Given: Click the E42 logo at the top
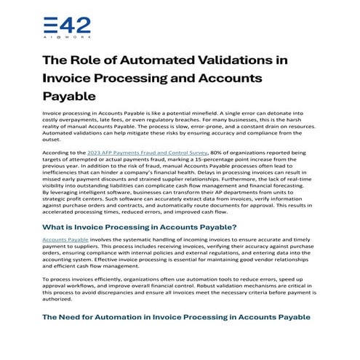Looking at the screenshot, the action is [x=67, y=26].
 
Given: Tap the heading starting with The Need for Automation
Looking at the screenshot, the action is [x=176, y=317].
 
